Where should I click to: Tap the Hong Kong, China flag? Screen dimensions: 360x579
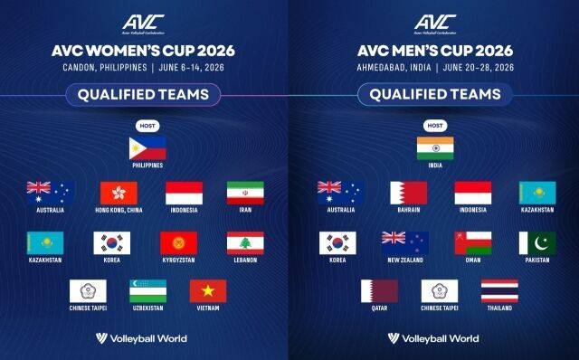(118, 194)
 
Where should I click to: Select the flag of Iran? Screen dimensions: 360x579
(244, 194)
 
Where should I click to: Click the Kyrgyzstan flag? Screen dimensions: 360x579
(178, 242)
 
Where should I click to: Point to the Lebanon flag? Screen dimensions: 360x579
(244, 242)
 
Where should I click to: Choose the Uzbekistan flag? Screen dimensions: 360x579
(147, 291)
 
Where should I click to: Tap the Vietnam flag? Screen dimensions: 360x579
(208, 291)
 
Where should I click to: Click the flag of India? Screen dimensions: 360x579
(435, 147)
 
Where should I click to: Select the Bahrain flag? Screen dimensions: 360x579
(408, 194)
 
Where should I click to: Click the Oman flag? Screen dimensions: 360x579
(472, 242)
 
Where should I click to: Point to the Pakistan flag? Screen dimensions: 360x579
(537, 242)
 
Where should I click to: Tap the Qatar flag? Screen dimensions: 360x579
(379, 291)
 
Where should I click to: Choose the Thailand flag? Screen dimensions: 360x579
(499, 291)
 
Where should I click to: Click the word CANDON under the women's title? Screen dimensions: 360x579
(82, 66)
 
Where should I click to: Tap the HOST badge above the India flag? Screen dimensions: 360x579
(435, 125)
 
